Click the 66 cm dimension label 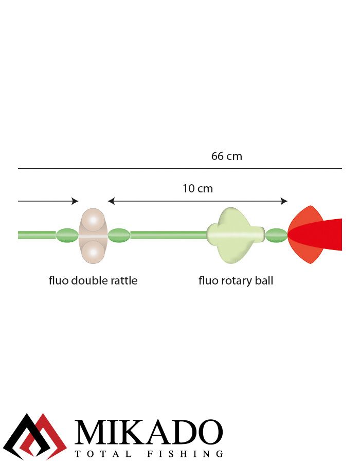(226, 156)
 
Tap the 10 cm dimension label (197, 188)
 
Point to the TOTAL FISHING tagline (149, 454)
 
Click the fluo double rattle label (93, 281)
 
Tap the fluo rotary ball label (236, 281)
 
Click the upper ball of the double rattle (93, 220)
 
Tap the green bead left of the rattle (67, 236)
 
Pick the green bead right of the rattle (119, 236)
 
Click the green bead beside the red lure (276, 236)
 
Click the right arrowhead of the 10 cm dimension (284, 201)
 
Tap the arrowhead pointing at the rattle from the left (75, 201)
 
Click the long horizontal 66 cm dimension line (179, 169)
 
